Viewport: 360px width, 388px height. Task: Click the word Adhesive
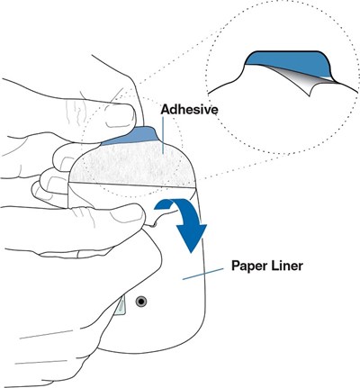pyautogui.click(x=189, y=110)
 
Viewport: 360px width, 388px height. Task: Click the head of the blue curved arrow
pyautogui.click(x=191, y=237)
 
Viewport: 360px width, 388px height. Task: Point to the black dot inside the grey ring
pyautogui.click(x=141, y=302)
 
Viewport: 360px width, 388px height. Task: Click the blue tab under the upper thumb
pyautogui.click(x=132, y=136)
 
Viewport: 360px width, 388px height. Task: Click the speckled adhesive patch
pyautogui.click(x=133, y=165)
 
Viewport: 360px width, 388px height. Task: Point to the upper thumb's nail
pyautogui.click(x=120, y=115)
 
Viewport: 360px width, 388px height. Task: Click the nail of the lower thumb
pyautogui.click(x=126, y=215)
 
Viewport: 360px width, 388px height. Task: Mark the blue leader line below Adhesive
pyautogui.click(x=163, y=135)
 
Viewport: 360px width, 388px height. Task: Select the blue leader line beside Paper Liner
pyautogui.click(x=202, y=274)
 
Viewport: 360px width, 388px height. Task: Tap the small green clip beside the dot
pyautogui.click(x=121, y=305)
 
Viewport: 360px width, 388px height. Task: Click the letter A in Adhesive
pyautogui.click(x=166, y=110)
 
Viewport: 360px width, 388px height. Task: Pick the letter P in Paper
pyautogui.click(x=236, y=266)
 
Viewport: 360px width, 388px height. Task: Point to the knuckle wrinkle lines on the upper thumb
pyautogui.click(x=75, y=113)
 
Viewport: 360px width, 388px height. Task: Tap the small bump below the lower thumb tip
pyautogui.click(x=154, y=224)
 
